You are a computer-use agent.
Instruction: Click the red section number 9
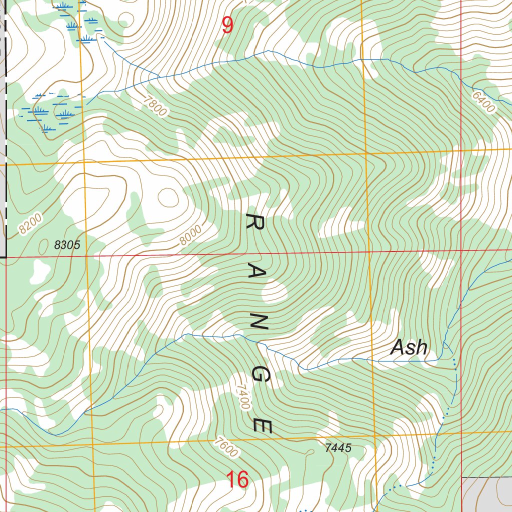[x=227, y=25]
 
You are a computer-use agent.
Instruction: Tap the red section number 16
[x=237, y=480]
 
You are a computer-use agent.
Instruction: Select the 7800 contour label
[x=154, y=106]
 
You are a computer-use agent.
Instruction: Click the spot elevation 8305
[x=67, y=245]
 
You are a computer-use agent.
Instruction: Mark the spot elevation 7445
[x=338, y=448]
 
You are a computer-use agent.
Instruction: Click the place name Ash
[x=409, y=347]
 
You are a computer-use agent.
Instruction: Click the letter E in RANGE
[x=262, y=425]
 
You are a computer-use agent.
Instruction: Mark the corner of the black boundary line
[x=6, y=257]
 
